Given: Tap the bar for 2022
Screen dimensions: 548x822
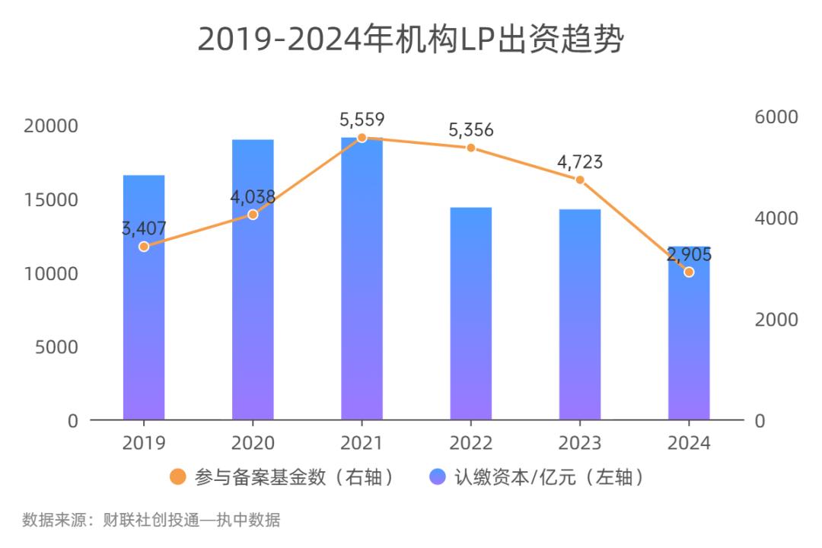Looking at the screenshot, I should tap(470, 320).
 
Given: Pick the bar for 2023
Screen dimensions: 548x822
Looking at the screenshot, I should tap(580, 320).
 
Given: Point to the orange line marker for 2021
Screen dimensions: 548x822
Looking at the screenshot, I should tap(362, 138).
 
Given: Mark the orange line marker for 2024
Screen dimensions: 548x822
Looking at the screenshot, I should tap(689, 272).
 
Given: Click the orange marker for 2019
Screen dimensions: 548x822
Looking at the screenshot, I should tap(144, 246).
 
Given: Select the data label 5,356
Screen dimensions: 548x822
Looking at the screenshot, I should tap(470, 130).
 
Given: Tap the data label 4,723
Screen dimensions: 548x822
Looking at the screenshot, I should tap(580, 162).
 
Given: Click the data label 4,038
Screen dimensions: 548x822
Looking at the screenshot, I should tap(253, 197).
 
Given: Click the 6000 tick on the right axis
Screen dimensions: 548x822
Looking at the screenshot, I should tap(776, 117).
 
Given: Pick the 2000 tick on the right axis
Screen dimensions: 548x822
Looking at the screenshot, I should tap(776, 320).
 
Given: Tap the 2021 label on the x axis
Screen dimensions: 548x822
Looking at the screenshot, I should tap(362, 443).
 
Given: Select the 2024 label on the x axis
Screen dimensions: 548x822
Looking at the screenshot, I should tap(689, 443).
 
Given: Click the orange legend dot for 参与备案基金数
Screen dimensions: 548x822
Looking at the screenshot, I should tap(177, 477).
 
